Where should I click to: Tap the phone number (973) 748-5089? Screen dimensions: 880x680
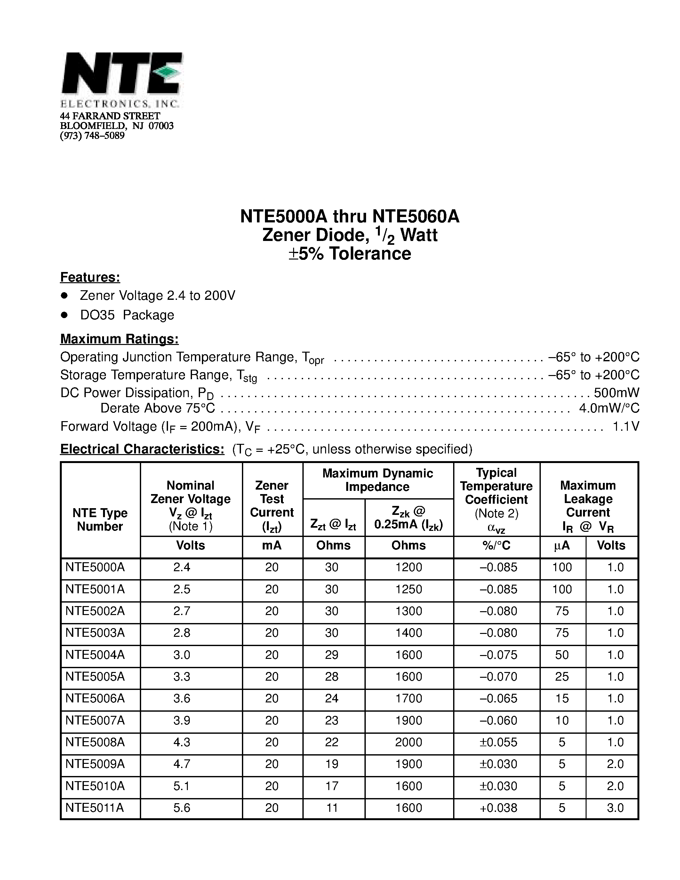tap(92, 136)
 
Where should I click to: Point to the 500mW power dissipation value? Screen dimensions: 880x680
tap(616, 392)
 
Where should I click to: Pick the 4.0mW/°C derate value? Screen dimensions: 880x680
tap(609, 408)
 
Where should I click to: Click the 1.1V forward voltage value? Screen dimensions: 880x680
tap(626, 426)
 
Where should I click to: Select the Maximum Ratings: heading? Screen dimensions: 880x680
tap(119, 339)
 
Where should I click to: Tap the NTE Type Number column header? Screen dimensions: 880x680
tap(100, 519)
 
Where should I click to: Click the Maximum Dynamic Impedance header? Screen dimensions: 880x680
tap(378, 480)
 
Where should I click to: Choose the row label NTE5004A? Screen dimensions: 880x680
tap(95, 655)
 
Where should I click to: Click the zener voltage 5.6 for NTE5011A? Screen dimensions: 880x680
tap(182, 808)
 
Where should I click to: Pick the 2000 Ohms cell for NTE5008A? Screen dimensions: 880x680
tap(409, 742)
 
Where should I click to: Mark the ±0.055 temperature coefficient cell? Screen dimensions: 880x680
tap(498, 742)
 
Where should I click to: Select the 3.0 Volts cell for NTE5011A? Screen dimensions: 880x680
tap(615, 808)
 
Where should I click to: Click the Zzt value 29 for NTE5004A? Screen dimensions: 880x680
tap(332, 655)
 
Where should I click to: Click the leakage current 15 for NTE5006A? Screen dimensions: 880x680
tap(562, 698)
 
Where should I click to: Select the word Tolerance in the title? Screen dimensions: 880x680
tap(370, 254)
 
